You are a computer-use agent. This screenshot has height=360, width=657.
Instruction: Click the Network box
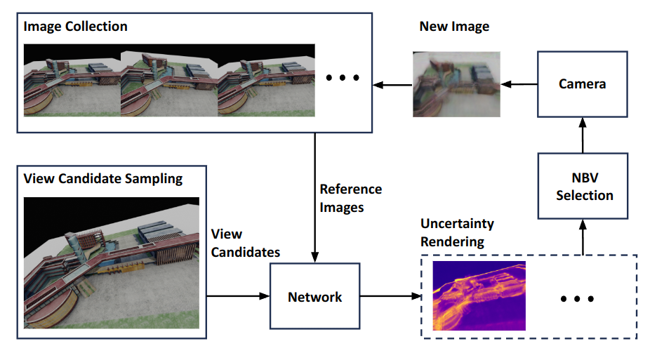[x=315, y=297]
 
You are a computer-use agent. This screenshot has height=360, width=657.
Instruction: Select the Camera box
[x=582, y=84]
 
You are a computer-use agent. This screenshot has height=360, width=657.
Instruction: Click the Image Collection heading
[x=76, y=27]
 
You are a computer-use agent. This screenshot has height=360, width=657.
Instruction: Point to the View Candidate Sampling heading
[x=103, y=178]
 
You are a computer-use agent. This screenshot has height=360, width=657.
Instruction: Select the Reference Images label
[x=350, y=197]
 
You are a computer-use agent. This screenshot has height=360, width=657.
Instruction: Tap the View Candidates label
[x=245, y=243]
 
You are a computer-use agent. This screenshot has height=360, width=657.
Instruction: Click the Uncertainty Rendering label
[x=457, y=232]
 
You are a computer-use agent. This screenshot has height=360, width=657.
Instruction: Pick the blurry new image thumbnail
[x=456, y=84]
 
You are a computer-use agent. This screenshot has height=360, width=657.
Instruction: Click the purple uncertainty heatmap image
[x=479, y=295]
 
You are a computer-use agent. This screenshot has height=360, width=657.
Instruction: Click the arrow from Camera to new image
[x=519, y=84]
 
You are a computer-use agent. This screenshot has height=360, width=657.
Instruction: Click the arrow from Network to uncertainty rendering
[x=390, y=297]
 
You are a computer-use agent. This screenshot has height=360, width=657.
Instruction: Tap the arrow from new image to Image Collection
[x=392, y=85]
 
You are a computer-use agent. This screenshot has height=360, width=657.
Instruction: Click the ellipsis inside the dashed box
[x=578, y=299]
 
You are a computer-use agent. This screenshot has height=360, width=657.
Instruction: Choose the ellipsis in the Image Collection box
[x=343, y=77]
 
